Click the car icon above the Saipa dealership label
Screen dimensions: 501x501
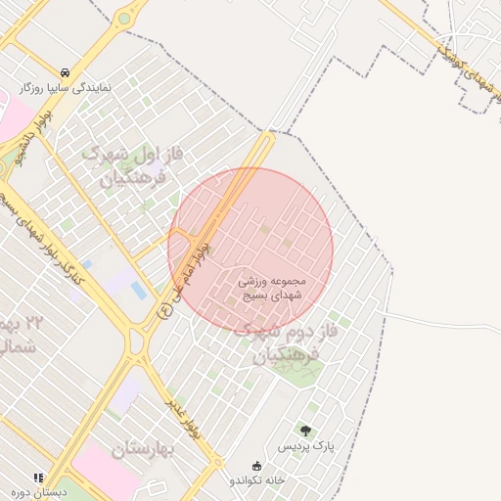point(65,72)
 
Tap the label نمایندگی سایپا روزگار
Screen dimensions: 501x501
point(65,87)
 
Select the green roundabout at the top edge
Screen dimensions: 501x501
point(124,18)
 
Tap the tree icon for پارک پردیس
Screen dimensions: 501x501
point(305,430)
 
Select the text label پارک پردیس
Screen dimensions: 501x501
point(305,445)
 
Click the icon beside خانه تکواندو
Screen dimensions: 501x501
point(257,465)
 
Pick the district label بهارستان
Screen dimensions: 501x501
point(142,449)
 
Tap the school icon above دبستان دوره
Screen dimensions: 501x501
point(38,477)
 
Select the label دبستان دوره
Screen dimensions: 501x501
point(38,492)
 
